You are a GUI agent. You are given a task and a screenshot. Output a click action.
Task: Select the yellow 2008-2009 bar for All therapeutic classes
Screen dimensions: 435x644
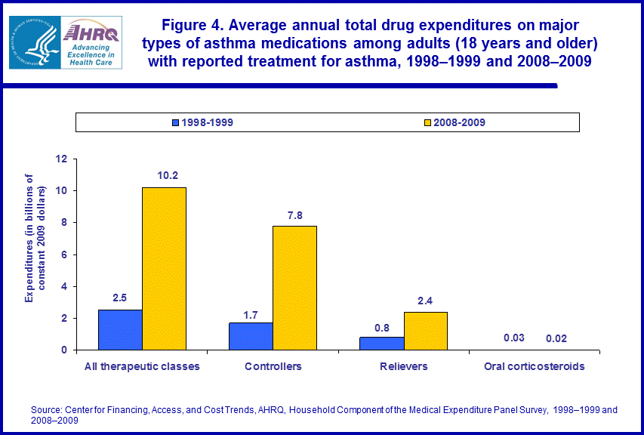pos(164,268)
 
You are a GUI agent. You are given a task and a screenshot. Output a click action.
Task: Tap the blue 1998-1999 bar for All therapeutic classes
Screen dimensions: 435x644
pos(120,329)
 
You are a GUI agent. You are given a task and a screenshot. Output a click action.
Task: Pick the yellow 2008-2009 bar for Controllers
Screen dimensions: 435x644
pos(294,288)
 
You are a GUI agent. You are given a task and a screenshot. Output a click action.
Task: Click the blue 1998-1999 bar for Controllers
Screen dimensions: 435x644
pos(251,336)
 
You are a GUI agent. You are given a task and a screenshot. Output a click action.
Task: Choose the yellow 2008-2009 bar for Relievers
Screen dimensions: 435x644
pos(426,331)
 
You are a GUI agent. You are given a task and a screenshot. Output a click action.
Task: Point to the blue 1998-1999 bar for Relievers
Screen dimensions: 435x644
pos(382,343)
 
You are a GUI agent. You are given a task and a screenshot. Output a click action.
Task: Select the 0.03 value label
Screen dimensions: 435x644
pos(513,337)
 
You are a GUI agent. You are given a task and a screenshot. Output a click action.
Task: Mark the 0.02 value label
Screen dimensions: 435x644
pos(556,337)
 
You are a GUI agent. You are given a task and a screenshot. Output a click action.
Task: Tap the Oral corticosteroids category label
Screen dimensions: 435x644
pos(535,367)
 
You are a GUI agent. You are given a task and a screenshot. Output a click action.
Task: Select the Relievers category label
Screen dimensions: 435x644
pos(404,367)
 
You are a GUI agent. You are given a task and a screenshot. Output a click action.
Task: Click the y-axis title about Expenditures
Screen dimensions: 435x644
pos(35,238)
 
